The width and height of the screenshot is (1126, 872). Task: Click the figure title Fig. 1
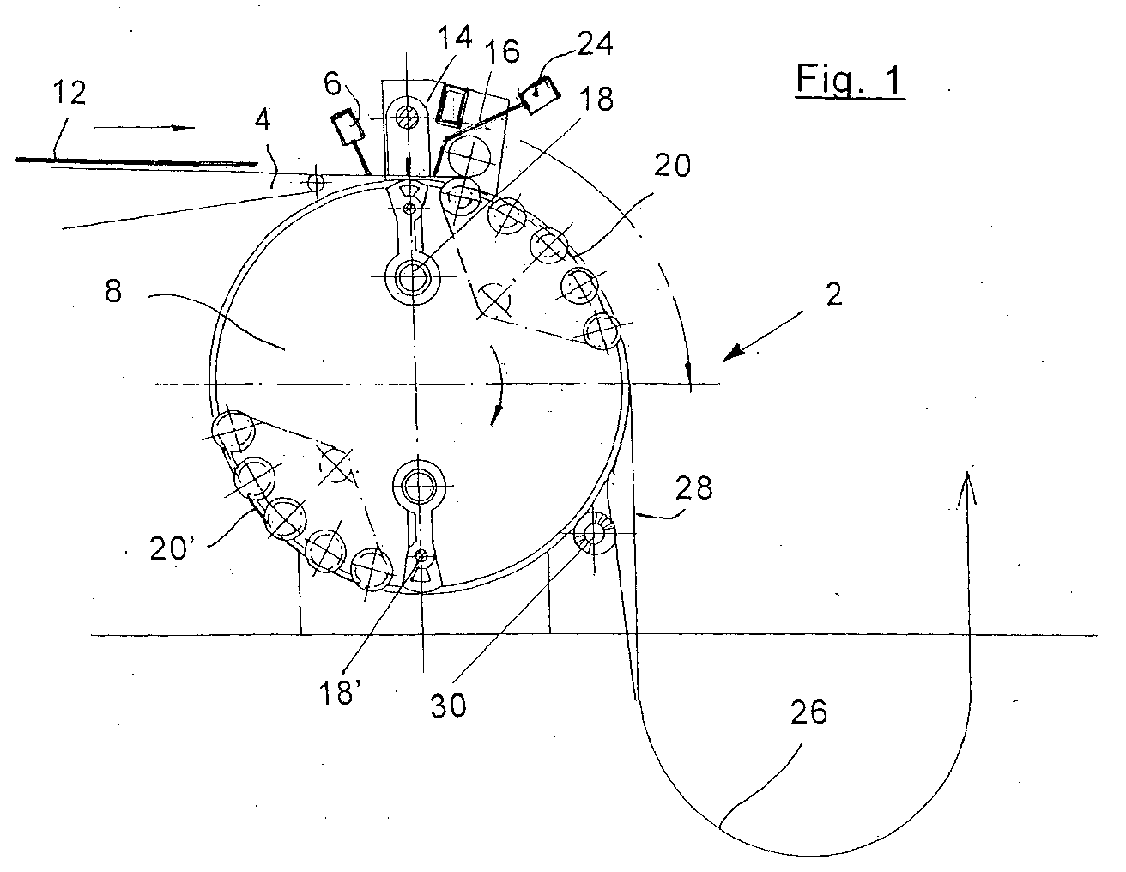pyautogui.click(x=851, y=81)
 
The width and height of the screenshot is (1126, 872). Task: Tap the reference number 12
pyautogui.click(x=70, y=93)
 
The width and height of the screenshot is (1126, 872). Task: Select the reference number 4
pyautogui.click(x=263, y=120)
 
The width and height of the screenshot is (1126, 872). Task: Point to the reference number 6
pyautogui.click(x=333, y=83)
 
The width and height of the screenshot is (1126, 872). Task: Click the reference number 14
pyautogui.click(x=455, y=38)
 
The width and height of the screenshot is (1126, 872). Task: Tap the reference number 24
pyautogui.click(x=595, y=44)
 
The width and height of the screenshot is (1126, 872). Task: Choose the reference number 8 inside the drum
pyautogui.click(x=113, y=291)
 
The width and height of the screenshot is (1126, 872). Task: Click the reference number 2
pyautogui.click(x=833, y=294)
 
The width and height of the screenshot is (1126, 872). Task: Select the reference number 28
pyautogui.click(x=693, y=487)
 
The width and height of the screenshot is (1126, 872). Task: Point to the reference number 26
pyautogui.click(x=808, y=712)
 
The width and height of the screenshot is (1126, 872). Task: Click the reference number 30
pyautogui.click(x=448, y=705)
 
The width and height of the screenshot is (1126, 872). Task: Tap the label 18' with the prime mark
pyautogui.click(x=339, y=693)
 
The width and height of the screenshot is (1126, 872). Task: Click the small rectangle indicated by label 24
pyautogui.click(x=540, y=94)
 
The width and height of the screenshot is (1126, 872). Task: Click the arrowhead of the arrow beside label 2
pyautogui.click(x=732, y=354)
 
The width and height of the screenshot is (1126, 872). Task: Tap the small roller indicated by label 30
pyautogui.click(x=594, y=532)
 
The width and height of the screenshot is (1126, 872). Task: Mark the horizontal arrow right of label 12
pyautogui.click(x=144, y=127)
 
